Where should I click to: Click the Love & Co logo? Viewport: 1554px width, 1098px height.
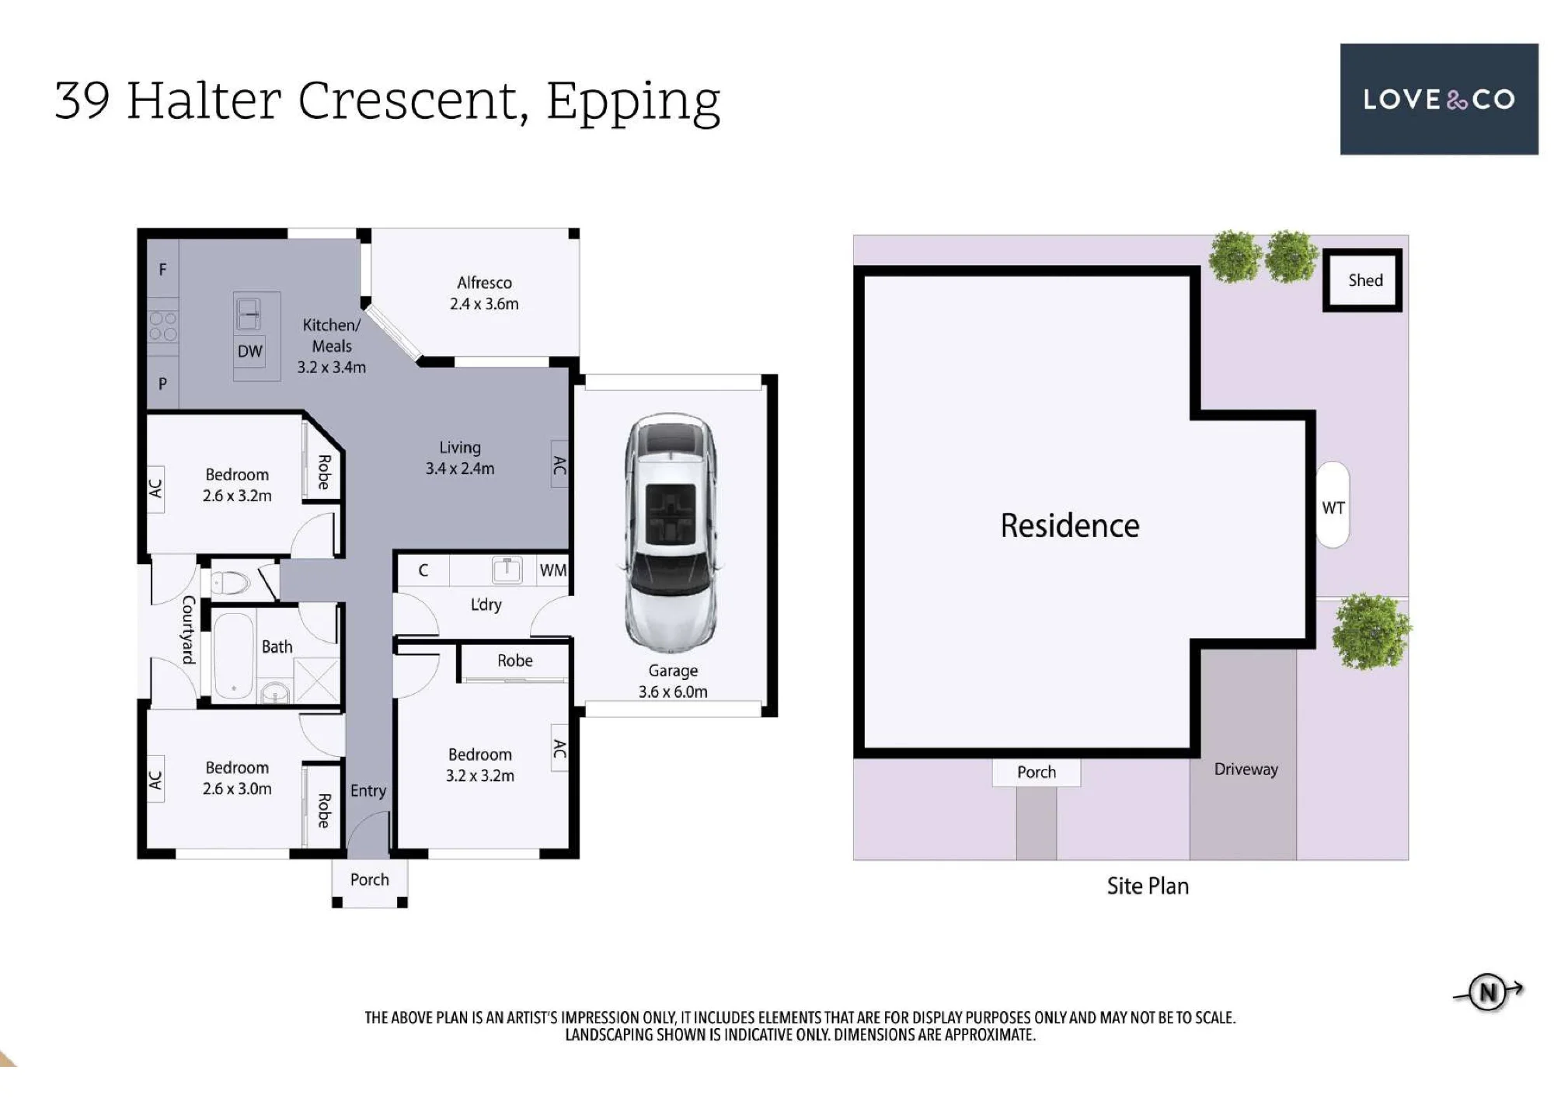1439,99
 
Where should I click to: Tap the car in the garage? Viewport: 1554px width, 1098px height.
671,533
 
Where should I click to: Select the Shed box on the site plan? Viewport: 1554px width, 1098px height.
1363,281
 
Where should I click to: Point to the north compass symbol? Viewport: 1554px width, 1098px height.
1488,992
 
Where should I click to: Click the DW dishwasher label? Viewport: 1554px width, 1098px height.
249,351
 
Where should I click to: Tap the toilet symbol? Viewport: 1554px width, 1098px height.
230,581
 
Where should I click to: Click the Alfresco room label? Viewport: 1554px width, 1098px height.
484,283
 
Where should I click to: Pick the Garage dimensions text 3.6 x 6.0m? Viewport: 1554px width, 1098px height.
673,692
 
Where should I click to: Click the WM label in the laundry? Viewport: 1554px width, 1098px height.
553,570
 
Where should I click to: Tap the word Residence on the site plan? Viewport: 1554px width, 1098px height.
1070,526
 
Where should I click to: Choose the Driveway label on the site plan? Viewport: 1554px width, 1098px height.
1246,769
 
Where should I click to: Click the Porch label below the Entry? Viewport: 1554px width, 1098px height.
369,880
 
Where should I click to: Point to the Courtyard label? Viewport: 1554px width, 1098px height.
188,630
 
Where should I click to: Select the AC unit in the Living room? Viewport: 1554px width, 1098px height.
559,465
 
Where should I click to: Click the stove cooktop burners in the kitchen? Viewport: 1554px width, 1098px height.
163,326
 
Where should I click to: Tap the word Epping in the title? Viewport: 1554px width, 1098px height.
633,103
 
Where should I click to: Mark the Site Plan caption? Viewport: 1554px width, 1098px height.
1148,887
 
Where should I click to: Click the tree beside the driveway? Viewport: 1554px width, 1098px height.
1371,632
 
